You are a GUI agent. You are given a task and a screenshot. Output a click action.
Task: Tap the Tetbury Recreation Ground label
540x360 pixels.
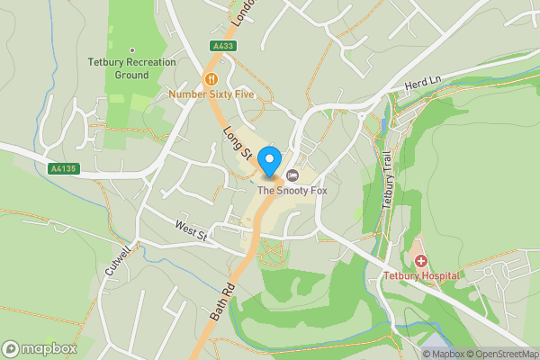[x=130, y=68]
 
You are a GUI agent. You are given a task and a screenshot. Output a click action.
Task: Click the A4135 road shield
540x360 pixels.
[x=62, y=168]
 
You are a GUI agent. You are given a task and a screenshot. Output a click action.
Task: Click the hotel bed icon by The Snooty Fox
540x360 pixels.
[x=292, y=175]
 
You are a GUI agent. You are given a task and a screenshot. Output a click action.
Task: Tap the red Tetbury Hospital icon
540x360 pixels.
[x=420, y=259]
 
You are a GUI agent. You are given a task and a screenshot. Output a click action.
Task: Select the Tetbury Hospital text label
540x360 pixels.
[x=421, y=274]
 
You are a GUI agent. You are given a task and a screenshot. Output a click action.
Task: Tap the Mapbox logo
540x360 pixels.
[x=39, y=348]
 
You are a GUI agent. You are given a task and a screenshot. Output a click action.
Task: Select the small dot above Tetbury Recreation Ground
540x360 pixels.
[x=131, y=50]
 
